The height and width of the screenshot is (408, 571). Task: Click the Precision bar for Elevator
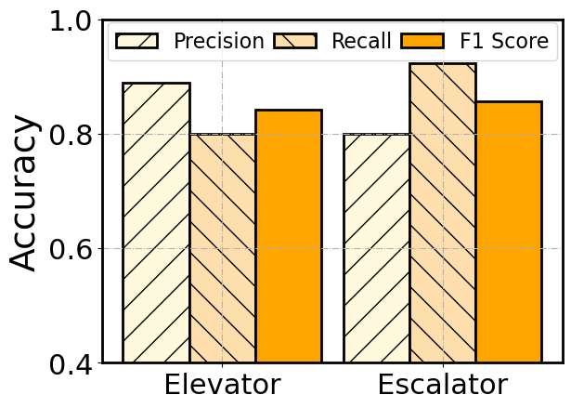tap(157, 223)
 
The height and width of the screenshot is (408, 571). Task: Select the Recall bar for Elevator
tap(223, 248)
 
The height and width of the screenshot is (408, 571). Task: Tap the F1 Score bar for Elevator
tap(288, 236)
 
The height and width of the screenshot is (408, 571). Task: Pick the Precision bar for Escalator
tap(377, 248)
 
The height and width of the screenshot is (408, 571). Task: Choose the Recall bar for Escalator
tap(443, 213)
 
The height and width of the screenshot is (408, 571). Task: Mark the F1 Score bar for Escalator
tap(508, 232)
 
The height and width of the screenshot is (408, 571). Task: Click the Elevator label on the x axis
tap(222, 386)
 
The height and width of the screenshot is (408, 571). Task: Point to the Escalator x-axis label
tap(442, 386)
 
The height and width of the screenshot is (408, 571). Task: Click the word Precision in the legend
tap(219, 41)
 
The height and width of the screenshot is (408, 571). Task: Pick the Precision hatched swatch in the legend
tap(137, 41)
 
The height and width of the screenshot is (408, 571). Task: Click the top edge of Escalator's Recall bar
tap(443, 64)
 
